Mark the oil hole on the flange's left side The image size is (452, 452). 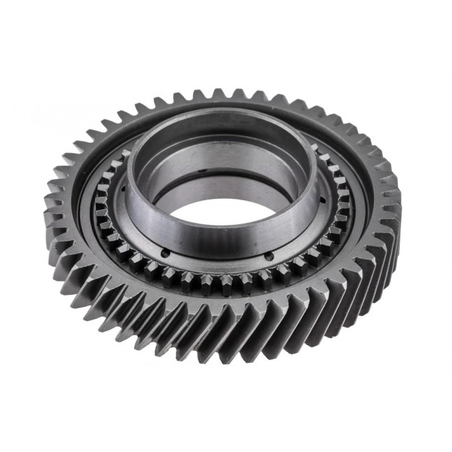coord(123,189)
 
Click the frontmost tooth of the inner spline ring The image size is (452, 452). coord(226,282)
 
